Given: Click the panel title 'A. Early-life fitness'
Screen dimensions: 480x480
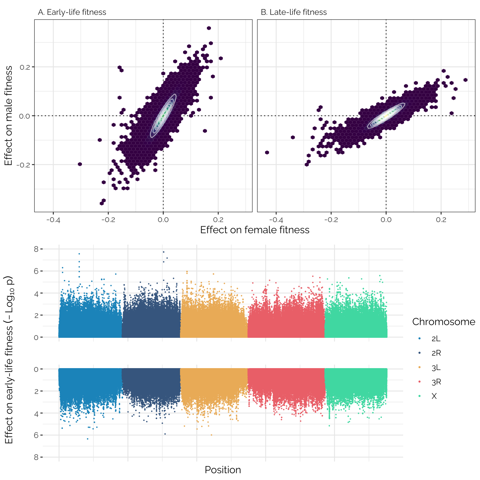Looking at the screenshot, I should click(x=72, y=12).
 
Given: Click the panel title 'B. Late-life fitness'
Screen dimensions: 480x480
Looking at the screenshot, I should click(x=294, y=12).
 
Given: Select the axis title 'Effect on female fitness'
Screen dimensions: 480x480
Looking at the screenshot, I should click(x=255, y=230).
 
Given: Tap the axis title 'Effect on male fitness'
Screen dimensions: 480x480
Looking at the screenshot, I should click(x=9, y=116).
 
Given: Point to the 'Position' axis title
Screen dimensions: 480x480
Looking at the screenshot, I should click(x=223, y=470).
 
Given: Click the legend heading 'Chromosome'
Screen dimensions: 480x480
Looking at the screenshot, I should click(x=443, y=322).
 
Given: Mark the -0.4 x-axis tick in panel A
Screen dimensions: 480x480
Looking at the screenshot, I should click(x=53, y=220).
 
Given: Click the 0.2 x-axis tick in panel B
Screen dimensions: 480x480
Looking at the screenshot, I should click(x=441, y=220).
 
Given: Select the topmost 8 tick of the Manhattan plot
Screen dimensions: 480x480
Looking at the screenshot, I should click(x=36, y=249).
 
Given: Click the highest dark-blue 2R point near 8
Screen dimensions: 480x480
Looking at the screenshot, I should click(x=163, y=252).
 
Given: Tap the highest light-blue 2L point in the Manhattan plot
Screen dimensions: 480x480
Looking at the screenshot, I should click(x=79, y=254).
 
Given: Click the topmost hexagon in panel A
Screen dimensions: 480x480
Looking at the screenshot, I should click(x=209, y=28).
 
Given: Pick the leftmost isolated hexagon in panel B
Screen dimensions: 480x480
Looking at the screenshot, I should click(x=267, y=152).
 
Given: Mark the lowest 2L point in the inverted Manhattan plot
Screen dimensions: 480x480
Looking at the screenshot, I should click(x=87, y=439).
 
